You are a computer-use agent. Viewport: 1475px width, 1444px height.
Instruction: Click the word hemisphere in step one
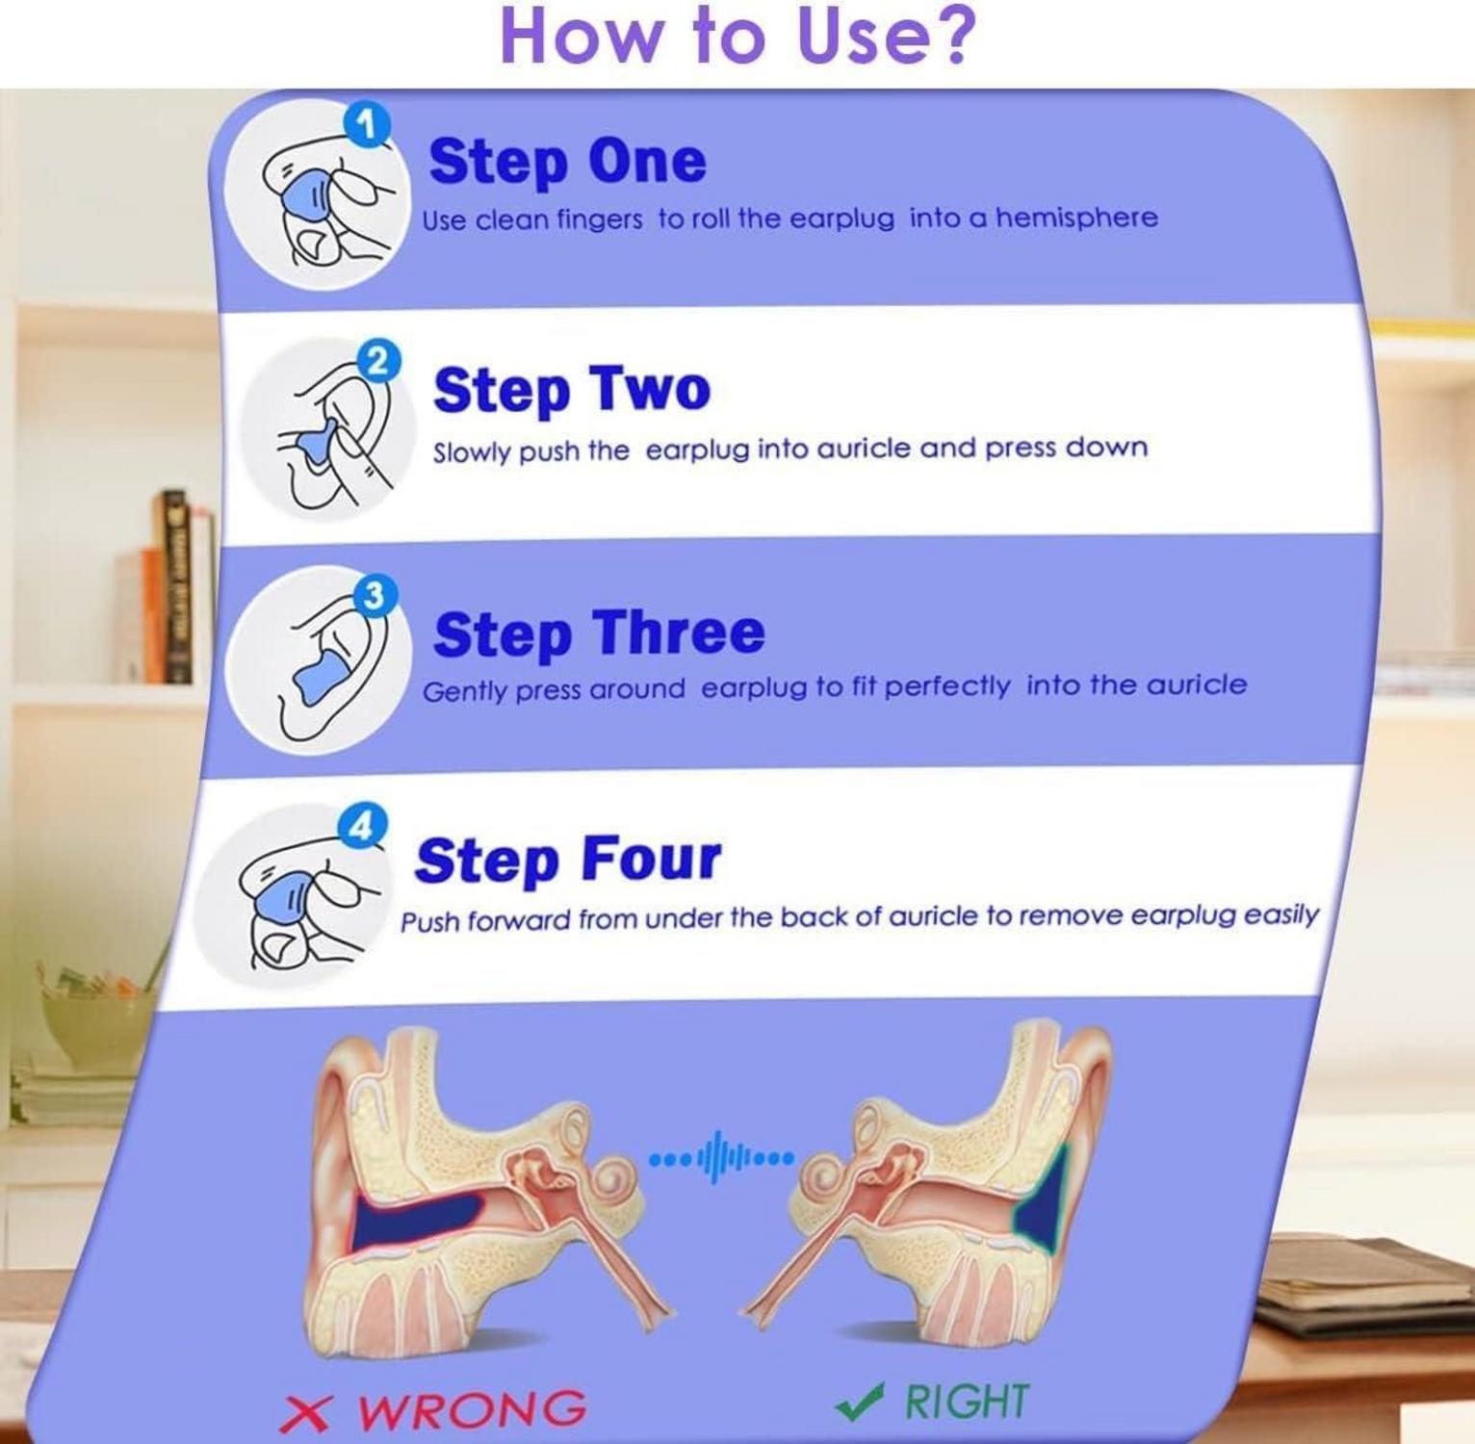(1076, 218)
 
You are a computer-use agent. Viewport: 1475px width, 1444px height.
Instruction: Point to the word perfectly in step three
(947, 686)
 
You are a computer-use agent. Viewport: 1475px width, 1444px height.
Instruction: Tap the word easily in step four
(1280, 914)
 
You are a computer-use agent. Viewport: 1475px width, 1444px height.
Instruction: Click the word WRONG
(471, 1409)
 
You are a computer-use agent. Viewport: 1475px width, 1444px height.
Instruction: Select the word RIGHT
(967, 1402)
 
